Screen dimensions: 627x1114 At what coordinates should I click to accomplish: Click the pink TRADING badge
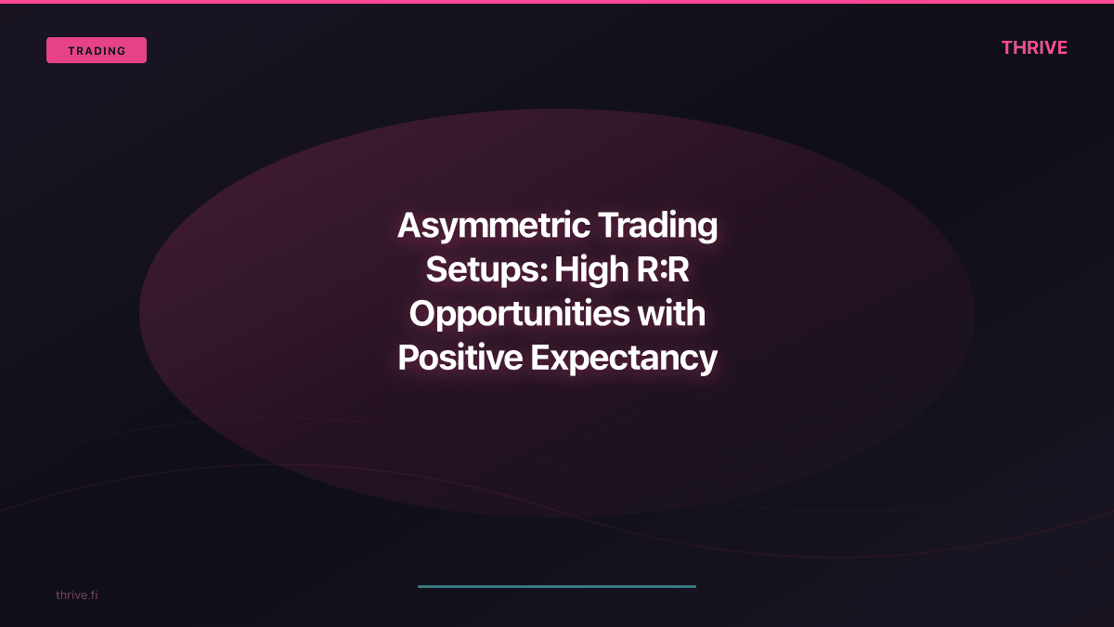click(97, 50)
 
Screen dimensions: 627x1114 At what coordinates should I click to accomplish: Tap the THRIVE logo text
click(1034, 47)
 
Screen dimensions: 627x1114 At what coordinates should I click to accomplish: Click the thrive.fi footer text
click(76, 594)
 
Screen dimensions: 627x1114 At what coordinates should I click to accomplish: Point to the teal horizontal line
click(557, 586)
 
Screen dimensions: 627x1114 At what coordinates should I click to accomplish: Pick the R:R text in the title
click(664, 269)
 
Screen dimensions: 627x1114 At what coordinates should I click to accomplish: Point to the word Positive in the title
click(460, 358)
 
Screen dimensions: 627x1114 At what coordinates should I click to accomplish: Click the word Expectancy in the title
click(624, 358)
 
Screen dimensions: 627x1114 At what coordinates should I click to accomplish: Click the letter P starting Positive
click(407, 358)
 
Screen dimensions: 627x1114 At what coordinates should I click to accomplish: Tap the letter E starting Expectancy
click(538, 358)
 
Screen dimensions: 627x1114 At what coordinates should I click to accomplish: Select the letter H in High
click(565, 269)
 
